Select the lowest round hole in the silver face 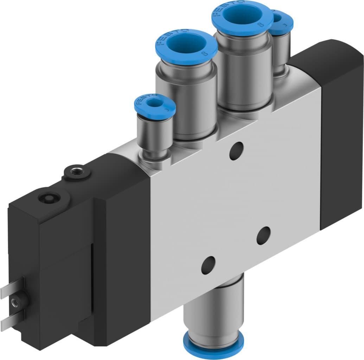[208, 265]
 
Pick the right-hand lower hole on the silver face [263, 236]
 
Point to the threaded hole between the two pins [15, 301]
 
